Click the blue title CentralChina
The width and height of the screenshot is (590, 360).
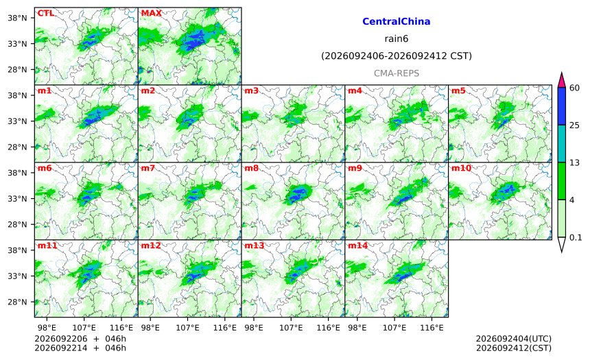point(397,21)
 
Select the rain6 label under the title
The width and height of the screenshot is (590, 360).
point(397,39)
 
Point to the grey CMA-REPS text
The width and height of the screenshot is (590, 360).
point(397,73)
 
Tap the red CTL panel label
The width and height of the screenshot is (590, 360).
point(45,13)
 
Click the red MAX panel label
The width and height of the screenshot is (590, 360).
point(151,13)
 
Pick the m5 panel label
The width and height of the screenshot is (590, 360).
point(458,91)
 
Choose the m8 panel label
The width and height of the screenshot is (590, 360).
point(251,168)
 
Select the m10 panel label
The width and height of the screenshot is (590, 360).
point(461,168)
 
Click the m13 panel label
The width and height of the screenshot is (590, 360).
point(255,245)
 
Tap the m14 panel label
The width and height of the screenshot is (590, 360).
point(358,245)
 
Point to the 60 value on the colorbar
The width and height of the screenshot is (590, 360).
point(575,88)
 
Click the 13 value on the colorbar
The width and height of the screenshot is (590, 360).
point(575,163)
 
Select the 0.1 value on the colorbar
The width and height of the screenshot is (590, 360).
point(576,237)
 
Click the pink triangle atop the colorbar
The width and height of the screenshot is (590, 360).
point(562,80)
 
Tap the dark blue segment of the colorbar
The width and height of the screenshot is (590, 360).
point(562,106)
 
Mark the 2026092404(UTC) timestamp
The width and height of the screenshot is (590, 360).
point(514,339)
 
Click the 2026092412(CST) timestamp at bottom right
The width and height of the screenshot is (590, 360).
point(514,348)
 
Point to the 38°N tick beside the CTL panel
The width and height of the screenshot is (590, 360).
point(17,18)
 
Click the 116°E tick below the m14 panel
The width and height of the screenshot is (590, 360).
point(432,328)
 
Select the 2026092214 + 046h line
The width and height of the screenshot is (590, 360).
point(80,348)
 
